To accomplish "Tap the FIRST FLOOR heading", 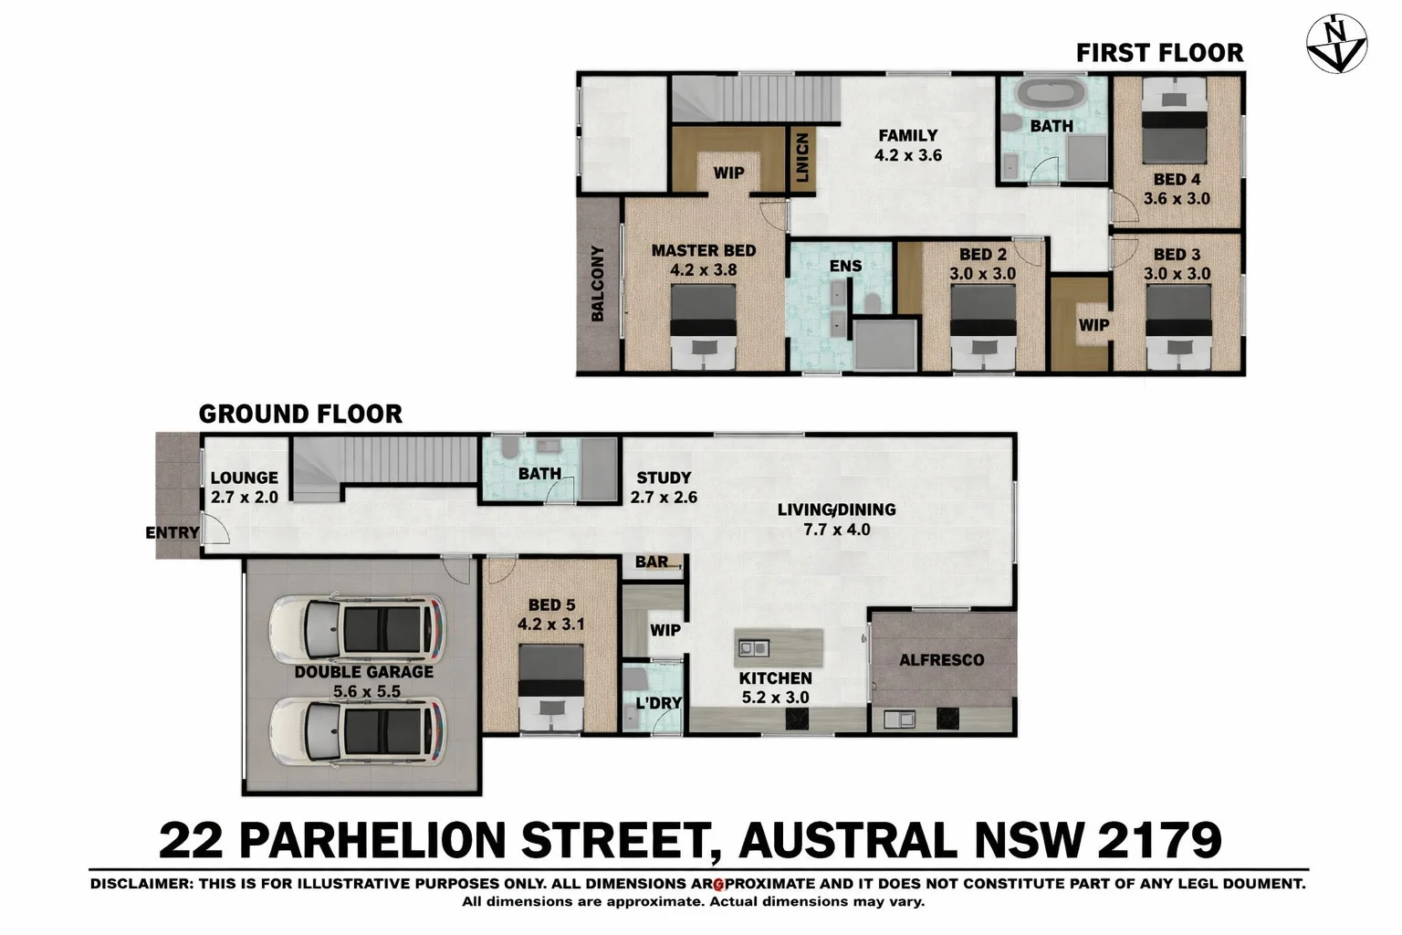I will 1159,53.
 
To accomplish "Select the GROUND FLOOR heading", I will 300,414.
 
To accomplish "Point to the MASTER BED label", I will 703,250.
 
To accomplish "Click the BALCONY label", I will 598,283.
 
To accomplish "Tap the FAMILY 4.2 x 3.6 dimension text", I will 907,155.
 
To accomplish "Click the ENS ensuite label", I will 845,266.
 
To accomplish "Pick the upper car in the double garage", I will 357,630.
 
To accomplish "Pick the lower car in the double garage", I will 357,731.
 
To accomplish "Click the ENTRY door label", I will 172,532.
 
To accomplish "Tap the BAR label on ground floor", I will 652,562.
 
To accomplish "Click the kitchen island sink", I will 753,648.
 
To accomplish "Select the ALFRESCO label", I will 941,659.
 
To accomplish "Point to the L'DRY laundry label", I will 658,702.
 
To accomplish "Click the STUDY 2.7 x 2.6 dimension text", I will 664,498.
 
